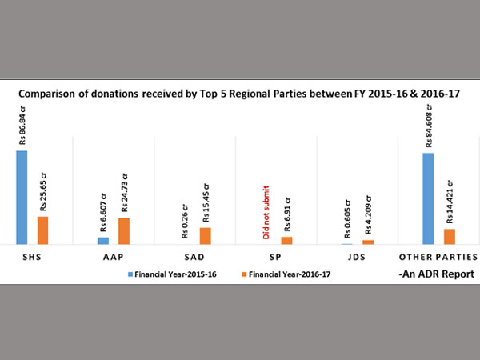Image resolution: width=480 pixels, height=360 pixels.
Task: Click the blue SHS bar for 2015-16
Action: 22,197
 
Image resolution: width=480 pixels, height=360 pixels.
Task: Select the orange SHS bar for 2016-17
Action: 42,230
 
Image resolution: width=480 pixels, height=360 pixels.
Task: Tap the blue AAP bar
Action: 103,240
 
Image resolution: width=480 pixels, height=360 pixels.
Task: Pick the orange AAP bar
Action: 124,230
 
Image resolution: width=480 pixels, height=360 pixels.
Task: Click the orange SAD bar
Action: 206,235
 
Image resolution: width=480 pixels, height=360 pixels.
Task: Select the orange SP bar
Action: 286,240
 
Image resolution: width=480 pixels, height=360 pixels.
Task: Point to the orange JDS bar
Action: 368,242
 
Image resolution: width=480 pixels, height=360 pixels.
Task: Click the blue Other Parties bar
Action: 429,198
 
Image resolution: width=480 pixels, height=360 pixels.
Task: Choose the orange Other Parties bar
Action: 450,236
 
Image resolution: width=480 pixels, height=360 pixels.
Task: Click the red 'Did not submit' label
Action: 266,213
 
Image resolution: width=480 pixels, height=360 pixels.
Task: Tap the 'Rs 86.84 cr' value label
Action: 22,127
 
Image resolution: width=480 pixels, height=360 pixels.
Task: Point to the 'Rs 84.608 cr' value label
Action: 429,127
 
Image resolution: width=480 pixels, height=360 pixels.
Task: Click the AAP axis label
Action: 114,257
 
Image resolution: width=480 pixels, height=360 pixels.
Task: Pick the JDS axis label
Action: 357,257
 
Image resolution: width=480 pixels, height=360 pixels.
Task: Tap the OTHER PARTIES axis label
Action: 438,257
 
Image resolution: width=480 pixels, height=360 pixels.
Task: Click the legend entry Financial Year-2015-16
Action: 173,274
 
